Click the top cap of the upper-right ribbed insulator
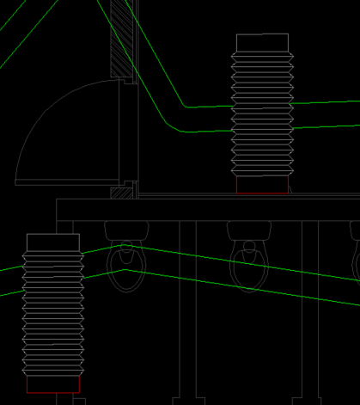(262, 44)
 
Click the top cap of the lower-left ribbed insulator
(53, 242)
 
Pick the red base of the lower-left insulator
(53, 384)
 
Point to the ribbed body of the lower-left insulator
(53, 314)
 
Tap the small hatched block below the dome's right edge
(121, 192)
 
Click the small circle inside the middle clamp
(249, 246)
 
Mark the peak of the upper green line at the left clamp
(126, 247)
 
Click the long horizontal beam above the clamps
(206, 210)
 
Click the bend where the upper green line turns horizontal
(184, 107)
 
